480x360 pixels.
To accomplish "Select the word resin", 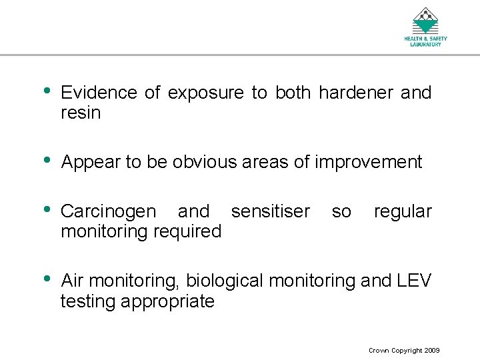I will [81, 113].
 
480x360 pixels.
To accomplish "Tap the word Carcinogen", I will [109, 212].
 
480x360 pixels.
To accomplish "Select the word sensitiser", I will [270, 212].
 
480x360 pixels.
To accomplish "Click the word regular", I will [403, 212].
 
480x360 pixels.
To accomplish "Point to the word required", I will [189, 232].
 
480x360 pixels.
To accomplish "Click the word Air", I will [73, 281].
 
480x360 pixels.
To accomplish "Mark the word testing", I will [88, 302].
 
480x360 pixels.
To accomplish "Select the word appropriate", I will [168, 302].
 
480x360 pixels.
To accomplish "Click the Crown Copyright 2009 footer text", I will [404, 351].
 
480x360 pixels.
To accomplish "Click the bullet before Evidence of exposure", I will [47, 91].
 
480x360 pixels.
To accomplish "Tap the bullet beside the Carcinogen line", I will [47, 210].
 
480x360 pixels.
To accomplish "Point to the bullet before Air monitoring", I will [47, 279].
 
